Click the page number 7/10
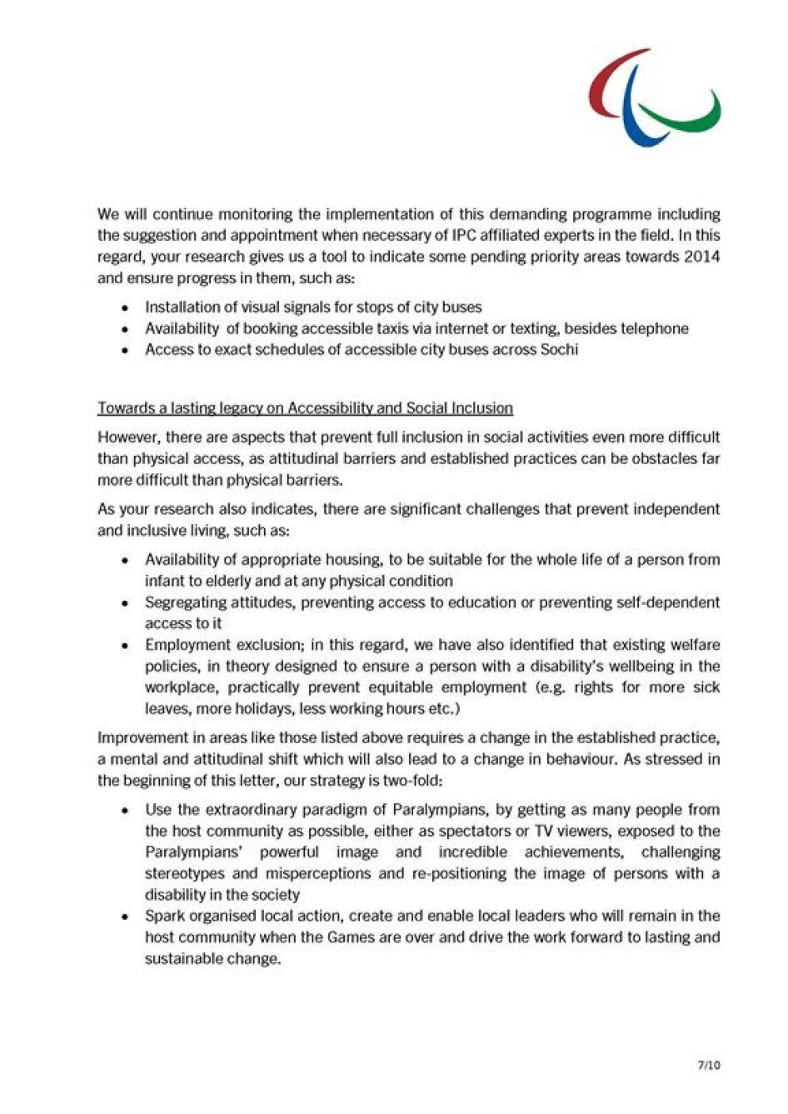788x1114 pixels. click(x=709, y=1065)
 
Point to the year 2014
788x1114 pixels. click(x=702, y=257)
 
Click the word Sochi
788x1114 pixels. click(x=559, y=350)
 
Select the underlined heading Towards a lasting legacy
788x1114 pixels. click(x=305, y=408)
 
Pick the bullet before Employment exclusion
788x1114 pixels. click(x=125, y=646)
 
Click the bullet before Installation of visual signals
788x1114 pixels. click(x=125, y=308)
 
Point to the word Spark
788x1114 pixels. click(x=165, y=916)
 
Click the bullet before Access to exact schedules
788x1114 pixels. click(x=125, y=351)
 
